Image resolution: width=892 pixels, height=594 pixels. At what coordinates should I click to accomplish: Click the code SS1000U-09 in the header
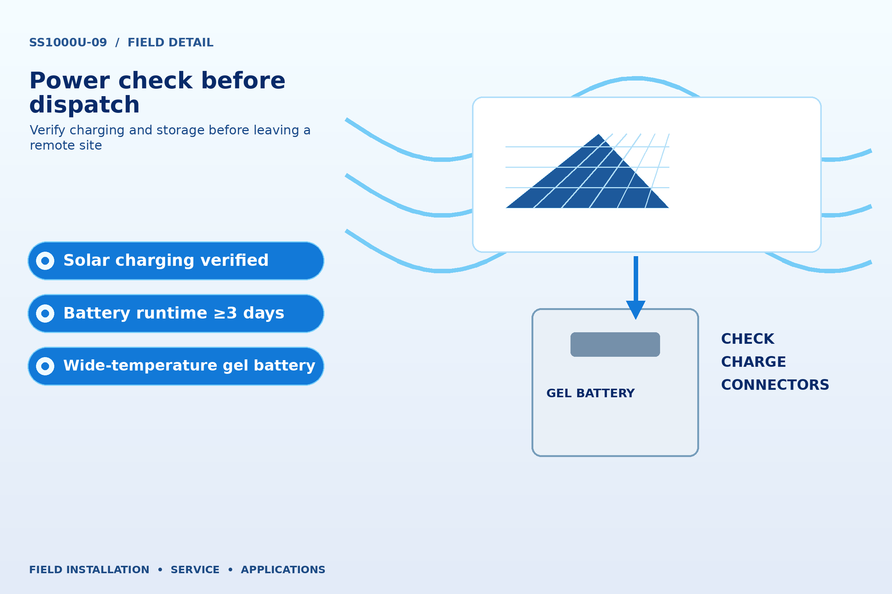coord(68,42)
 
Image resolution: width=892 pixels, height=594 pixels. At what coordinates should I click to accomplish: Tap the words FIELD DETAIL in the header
coord(171,42)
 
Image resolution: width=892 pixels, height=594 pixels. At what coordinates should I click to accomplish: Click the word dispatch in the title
coord(85,105)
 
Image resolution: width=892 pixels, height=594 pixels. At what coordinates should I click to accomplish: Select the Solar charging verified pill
coord(176,261)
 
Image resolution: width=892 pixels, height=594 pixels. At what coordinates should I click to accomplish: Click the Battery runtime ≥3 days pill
coord(176,313)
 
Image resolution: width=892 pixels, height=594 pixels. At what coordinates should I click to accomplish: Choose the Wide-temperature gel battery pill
coord(176,366)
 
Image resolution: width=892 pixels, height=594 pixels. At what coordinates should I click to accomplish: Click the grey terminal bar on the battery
coord(615,345)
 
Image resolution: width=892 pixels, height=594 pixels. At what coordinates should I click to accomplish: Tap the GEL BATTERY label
coord(591,393)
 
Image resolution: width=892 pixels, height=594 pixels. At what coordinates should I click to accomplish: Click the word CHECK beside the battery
coord(747,339)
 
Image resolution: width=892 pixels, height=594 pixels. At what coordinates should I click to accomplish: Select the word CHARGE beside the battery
coord(754,362)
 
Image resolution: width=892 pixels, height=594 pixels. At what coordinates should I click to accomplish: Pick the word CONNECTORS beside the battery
coord(775,385)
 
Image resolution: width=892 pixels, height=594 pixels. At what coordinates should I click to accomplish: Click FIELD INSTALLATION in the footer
coord(89,570)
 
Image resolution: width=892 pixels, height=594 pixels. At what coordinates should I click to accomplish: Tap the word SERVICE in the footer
coord(195,570)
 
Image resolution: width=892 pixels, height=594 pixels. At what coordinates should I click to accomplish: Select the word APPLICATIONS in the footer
coord(283,570)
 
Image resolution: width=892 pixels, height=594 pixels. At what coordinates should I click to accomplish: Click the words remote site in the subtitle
coord(66,146)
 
